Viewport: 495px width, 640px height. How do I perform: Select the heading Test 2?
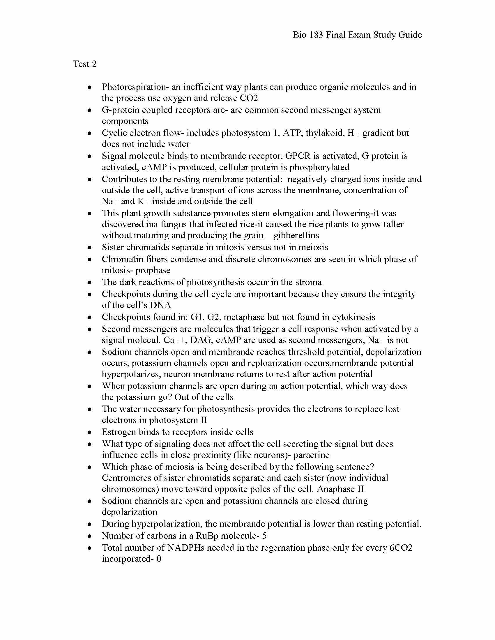[85, 64]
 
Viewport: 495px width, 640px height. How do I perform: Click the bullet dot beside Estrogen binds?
[90, 432]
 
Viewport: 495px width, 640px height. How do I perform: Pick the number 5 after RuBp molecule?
[264, 536]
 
